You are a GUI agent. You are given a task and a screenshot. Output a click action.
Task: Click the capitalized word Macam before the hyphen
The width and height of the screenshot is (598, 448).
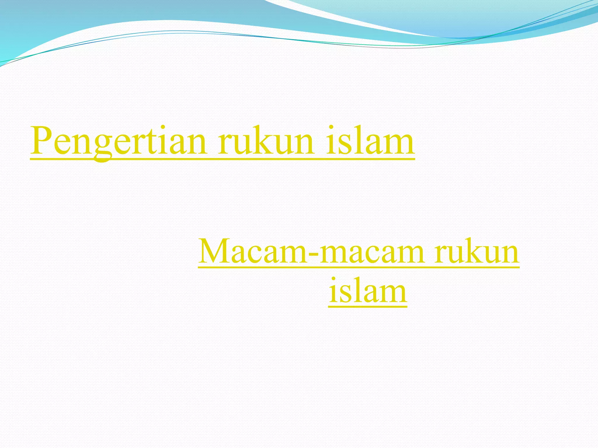click(253, 251)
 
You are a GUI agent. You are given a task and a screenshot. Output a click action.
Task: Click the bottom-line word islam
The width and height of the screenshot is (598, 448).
click(368, 290)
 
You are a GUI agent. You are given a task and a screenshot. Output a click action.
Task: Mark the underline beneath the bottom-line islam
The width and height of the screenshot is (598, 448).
click(368, 307)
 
